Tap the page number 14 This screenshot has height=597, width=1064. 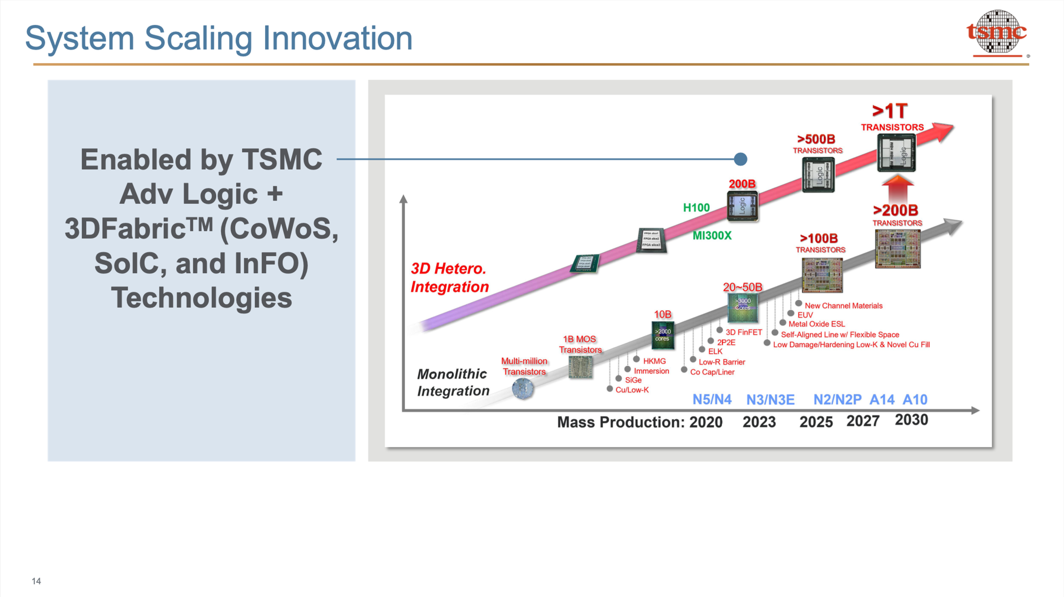pyautogui.click(x=36, y=581)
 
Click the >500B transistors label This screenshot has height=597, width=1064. pyautogui.click(x=817, y=143)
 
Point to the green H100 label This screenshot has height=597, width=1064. pyautogui.click(x=696, y=208)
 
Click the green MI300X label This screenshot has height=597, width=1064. pyautogui.click(x=712, y=235)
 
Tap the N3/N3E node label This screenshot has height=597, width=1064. pyautogui.click(x=770, y=400)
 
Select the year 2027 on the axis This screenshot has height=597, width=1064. pyautogui.click(x=863, y=421)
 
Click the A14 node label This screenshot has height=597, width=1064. pyautogui.click(x=882, y=399)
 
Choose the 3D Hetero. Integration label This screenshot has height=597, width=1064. pyautogui.click(x=449, y=277)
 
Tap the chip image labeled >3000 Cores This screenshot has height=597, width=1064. pyautogui.click(x=742, y=308)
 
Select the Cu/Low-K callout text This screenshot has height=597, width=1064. pyautogui.click(x=631, y=390)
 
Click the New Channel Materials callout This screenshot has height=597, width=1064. pyautogui.click(x=843, y=305)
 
